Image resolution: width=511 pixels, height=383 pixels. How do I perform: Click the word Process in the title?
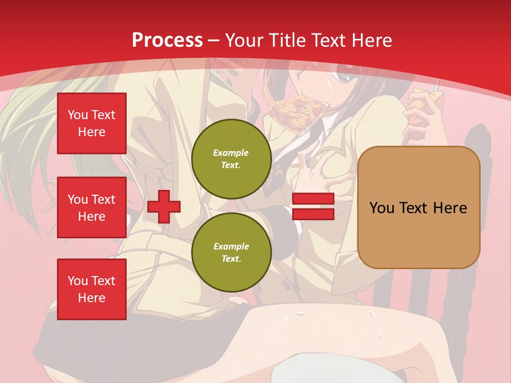tap(167, 40)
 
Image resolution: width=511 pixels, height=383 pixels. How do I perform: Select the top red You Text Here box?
tap(92, 123)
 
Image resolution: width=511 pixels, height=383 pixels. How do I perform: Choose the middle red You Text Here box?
tap(92, 207)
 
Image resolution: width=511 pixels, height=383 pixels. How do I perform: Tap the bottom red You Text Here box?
tap(92, 289)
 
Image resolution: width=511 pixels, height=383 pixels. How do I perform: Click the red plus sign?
tap(164, 206)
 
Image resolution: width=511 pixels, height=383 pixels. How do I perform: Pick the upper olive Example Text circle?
tap(231, 159)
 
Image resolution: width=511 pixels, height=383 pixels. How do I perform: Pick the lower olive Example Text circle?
tap(231, 253)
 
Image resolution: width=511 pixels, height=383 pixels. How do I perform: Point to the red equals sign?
tap(313, 206)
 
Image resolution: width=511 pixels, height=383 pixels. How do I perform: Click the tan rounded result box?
tap(418, 207)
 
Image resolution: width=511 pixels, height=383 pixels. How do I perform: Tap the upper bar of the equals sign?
tap(313, 199)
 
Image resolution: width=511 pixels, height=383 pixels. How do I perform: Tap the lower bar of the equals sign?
tap(313, 214)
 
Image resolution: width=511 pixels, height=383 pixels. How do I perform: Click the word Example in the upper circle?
tap(231, 153)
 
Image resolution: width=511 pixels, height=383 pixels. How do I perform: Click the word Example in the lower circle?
tap(231, 246)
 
